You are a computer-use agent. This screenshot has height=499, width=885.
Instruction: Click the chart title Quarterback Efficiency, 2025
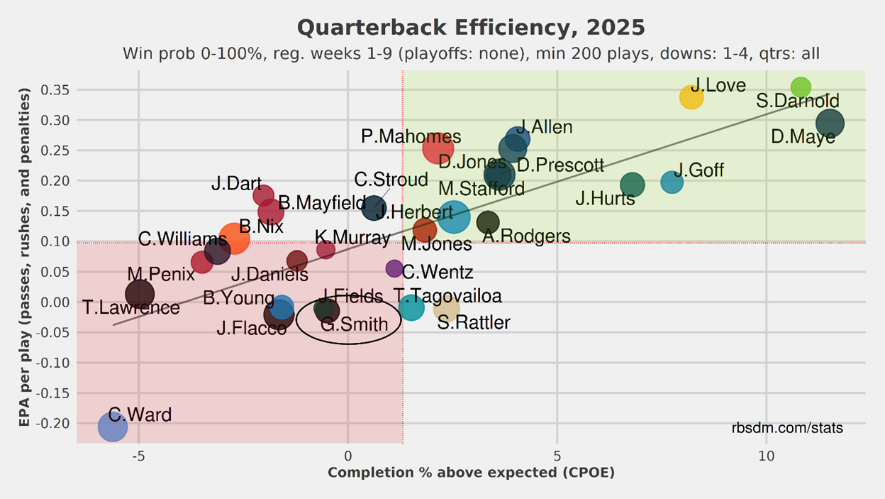click(471, 28)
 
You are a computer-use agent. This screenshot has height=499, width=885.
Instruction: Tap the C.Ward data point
click(113, 427)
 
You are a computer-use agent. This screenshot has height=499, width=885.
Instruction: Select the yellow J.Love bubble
click(691, 97)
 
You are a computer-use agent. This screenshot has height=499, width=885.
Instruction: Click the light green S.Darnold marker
click(801, 87)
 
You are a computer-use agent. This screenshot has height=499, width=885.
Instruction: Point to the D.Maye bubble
click(830, 123)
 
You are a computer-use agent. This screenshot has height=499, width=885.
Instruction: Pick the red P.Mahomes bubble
click(438, 148)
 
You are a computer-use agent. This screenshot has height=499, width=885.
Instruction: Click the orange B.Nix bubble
click(234, 238)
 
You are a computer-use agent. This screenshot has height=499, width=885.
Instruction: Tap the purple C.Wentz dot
click(394, 268)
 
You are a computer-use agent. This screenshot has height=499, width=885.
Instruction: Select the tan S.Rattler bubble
click(447, 308)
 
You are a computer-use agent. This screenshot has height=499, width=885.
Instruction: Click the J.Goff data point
click(672, 182)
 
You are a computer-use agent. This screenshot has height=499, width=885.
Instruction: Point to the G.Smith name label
click(355, 325)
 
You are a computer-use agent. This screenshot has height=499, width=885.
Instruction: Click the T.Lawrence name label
click(131, 308)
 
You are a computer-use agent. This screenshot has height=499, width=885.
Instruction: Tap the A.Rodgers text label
click(526, 236)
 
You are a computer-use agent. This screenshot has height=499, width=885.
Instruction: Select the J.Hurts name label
click(605, 199)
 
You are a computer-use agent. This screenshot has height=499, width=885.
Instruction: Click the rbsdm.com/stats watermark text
click(787, 428)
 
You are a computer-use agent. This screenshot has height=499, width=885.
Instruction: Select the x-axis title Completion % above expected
click(471, 473)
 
